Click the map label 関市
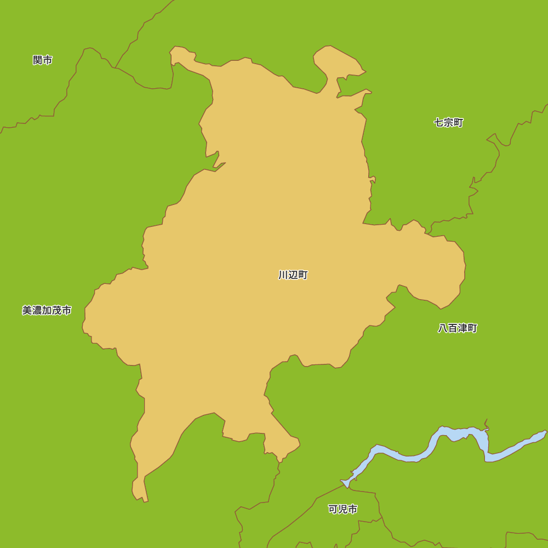[43, 60]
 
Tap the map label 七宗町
[449, 123]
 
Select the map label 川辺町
[293, 275]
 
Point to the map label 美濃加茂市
[47, 311]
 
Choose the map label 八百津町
[458, 328]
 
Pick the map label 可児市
[343, 509]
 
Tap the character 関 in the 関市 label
[38, 60]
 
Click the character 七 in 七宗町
[439, 123]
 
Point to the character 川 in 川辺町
[283, 275]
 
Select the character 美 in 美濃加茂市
[27, 311]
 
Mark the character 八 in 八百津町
[443, 328]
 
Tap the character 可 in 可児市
[333, 509]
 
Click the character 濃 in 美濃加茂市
[37, 311]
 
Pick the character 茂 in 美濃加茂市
[56, 311]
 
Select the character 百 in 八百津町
[453, 328]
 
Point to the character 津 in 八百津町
[463, 328]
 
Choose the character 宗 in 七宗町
[449, 123]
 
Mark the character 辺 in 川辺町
[293, 275]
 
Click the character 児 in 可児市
[343, 509]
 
